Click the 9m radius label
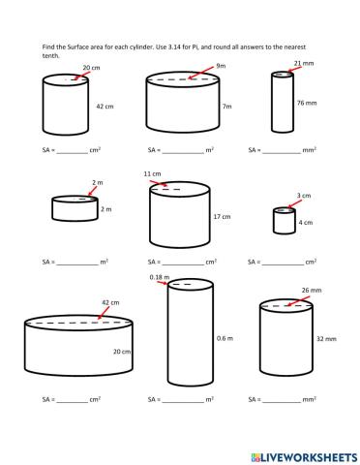pos(221,66)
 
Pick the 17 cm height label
pos(222,216)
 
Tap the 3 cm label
pos(304,196)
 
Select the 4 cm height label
pos(306,222)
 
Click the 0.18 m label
pos(159,277)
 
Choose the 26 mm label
pos(310,290)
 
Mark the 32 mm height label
pos(325,340)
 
